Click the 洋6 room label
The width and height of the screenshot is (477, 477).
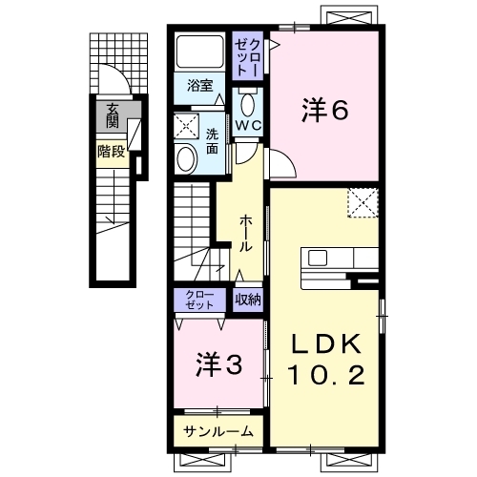coord(324,110)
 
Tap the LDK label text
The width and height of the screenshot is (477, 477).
coord(326,344)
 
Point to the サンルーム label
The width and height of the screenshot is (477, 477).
coord(218,431)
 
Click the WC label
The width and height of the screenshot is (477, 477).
coord(248,125)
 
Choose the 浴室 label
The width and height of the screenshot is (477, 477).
coord(199,86)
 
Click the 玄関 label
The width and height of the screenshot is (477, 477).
coord(112,115)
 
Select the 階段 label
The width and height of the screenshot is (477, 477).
coord(111,152)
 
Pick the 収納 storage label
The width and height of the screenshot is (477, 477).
coord(248,300)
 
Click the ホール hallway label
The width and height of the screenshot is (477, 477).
coord(245,233)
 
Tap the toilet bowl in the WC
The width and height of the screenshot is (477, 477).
coord(247,105)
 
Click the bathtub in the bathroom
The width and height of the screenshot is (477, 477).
coord(199,52)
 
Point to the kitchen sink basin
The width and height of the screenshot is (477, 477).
coord(318,258)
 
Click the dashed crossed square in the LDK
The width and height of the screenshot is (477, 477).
coord(363,203)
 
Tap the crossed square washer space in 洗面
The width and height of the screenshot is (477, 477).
coord(187,127)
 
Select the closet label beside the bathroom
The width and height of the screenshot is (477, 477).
coord(248,56)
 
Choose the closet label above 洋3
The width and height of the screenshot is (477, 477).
coord(199,300)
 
